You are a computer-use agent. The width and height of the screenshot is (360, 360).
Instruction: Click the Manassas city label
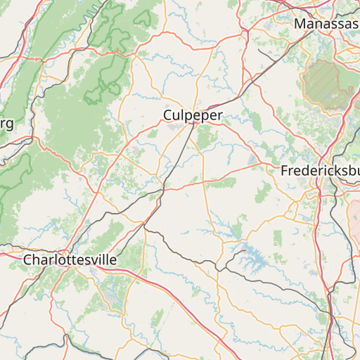pos(326,24)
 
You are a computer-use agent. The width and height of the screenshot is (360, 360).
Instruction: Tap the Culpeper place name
pos(193,115)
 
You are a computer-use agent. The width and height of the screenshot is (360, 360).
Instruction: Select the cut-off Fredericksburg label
pos(320,171)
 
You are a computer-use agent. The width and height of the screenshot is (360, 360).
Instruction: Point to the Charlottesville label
pos(70,259)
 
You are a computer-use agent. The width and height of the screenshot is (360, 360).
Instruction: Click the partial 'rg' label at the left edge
pos(6,124)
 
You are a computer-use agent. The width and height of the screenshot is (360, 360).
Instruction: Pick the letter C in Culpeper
pos(168,115)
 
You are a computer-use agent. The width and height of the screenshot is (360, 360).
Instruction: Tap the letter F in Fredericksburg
pos(284,171)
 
